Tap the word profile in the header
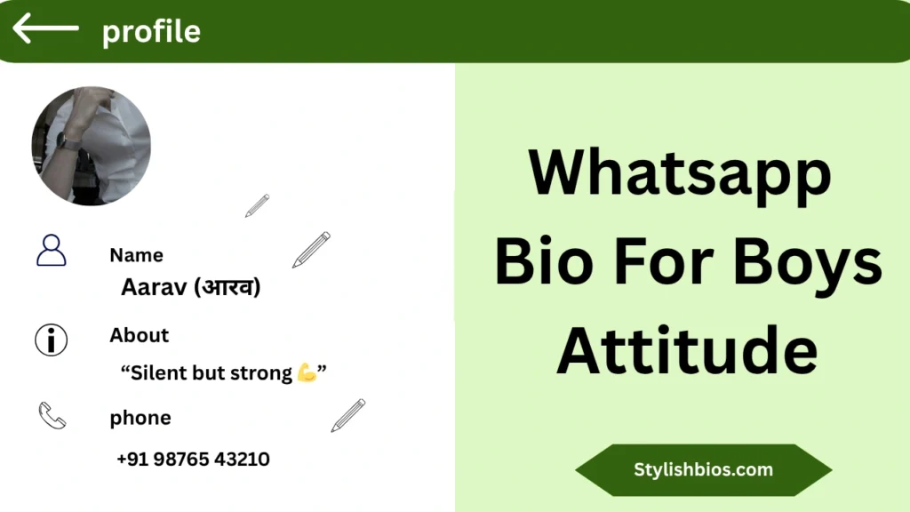point(151,32)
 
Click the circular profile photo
point(91,146)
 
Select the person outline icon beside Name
point(51,251)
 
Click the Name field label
point(136,255)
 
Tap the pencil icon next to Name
point(311,250)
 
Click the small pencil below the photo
point(257,205)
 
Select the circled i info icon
point(51,340)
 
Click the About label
point(139,335)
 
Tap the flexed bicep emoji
point(307,372)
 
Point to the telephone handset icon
point(52,415)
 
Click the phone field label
point(140,418)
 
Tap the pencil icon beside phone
point(347,415)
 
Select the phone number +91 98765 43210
point(193,460)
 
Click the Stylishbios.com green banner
point(703,470)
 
